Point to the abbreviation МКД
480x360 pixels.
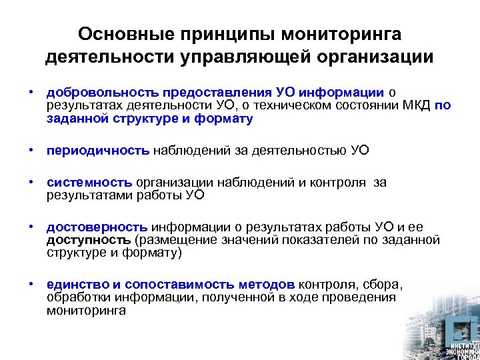click(415, 105)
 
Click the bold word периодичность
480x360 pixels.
click(98, 150)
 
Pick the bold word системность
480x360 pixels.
click(90, 182)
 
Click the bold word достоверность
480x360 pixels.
click(97, 227)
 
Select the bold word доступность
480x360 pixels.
click(89, 239)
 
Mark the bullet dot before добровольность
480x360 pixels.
click(31, 93)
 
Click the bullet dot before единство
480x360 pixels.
click(31, 284)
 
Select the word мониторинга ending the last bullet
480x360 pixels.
click(86, 310)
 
